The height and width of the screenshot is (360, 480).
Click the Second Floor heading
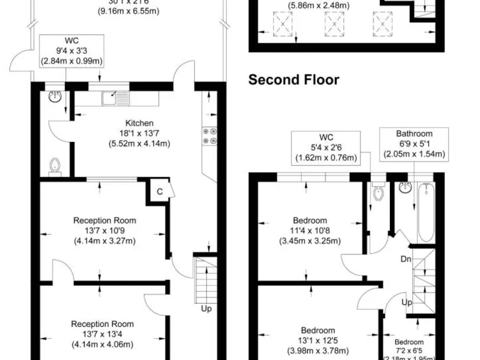294,80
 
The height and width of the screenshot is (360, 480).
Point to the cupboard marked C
159,192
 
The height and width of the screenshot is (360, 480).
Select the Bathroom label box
414,144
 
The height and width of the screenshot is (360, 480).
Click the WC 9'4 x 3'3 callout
71,51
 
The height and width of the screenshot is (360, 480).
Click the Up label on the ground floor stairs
206,308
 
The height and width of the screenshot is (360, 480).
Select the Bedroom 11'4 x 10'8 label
309,231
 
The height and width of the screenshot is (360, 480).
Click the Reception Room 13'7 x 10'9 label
104,230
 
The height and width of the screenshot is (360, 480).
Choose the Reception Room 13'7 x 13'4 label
102,334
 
